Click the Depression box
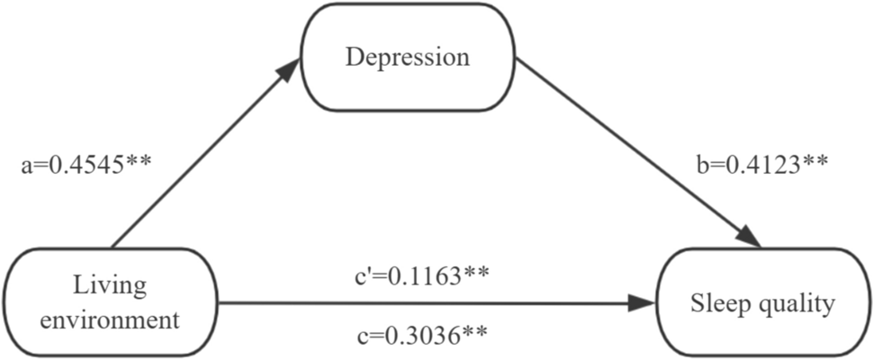pyautogui.click(x=408, y=58)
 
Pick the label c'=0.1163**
pyautogui.click(x=422, y=274)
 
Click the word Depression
pyautogui.click(x=408, y=58)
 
